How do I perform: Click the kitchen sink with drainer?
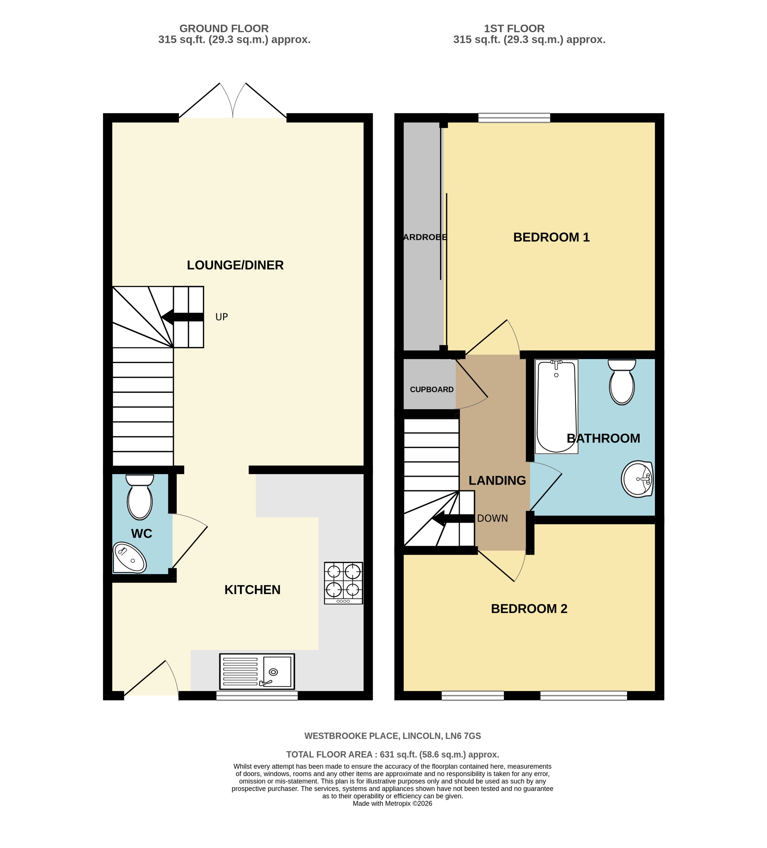point(257,671)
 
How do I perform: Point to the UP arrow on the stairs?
point(182,317)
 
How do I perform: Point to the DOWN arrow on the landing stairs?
point(453,519)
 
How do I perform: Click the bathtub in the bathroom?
point(556,407)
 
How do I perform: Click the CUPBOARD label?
point(431,390)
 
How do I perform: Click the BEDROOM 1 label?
point(551,237)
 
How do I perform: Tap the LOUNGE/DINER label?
point(235,265)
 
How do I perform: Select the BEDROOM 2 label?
point(529,609)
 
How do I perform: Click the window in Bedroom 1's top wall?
point(514,118)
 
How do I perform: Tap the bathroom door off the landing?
point(545,488)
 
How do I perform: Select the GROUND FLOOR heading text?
point(224,29)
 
